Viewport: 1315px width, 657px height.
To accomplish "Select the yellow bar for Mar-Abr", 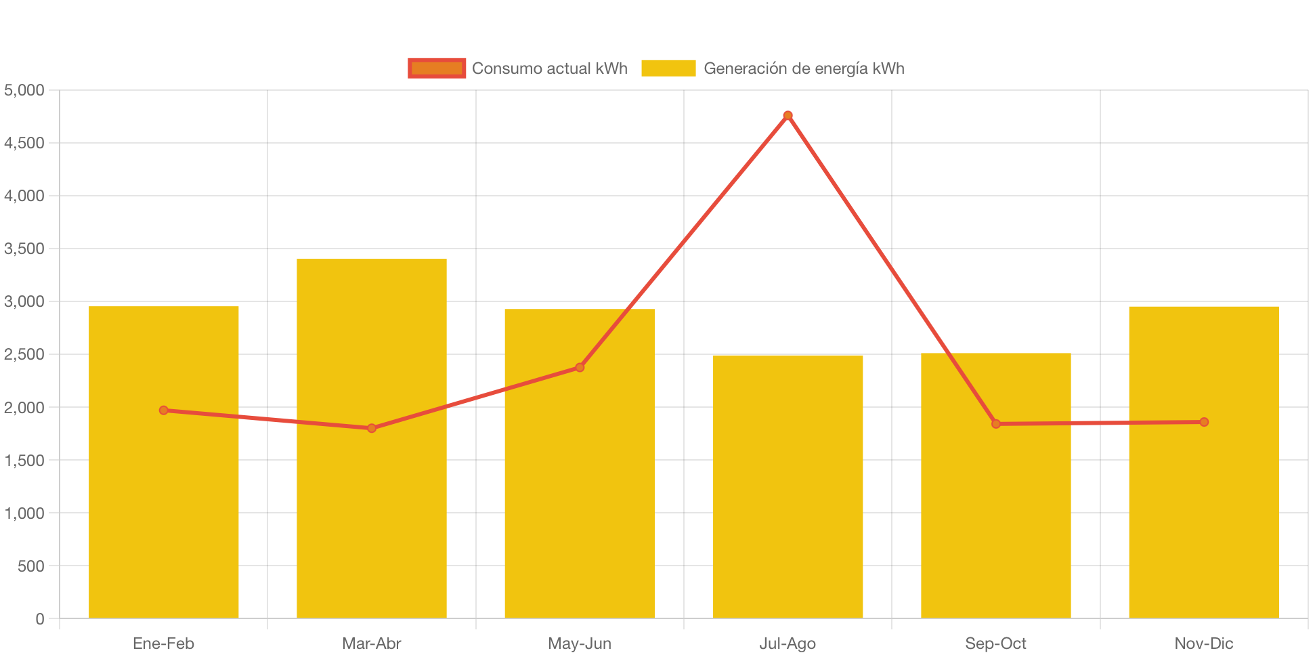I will coord(372,515).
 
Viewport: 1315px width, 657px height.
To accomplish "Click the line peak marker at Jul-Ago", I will coord(788,116).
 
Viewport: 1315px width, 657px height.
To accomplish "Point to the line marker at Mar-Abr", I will coord(372,428).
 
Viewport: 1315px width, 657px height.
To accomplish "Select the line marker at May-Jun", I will coord(580,367).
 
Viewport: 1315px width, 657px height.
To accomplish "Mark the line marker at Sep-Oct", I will coord(995,424).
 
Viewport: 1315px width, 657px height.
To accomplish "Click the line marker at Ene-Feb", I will coord(164,410).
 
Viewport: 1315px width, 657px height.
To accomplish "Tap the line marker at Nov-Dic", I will coord(1204,422).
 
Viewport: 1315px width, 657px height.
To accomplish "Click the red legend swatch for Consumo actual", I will coord(437,68).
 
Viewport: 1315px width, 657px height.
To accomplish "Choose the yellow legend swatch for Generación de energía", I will coord(668,68).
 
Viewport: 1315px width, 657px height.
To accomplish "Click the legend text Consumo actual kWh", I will coord(549,68).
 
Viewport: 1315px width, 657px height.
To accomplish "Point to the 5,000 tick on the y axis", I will coord(24,90).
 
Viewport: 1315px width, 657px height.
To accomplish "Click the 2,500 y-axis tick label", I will coord(24,354).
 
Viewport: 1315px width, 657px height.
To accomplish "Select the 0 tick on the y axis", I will coord(40,618).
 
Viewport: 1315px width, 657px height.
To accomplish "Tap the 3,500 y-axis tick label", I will coord(24,249).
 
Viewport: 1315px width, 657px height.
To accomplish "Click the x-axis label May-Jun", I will coord(580,643).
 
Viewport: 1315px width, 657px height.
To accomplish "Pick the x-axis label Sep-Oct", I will coord(995,643).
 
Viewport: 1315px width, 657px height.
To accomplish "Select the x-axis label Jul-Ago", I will coord(788,643).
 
